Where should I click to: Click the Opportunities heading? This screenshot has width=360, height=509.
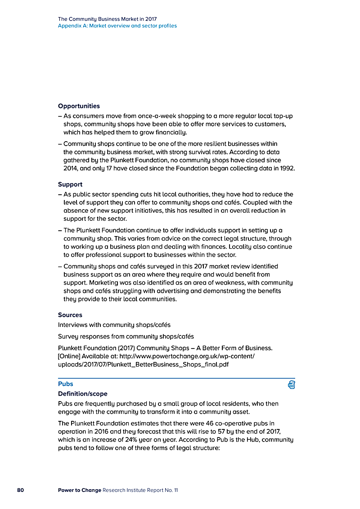click(79, 106)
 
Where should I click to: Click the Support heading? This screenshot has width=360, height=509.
click(70, 184)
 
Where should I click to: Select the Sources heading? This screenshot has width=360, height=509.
click(70, 315)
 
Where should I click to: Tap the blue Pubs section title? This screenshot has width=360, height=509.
click(66, 384)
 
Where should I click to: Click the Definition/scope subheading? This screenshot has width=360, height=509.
click(83, 394)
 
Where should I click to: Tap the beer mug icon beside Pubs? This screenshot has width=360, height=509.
click(291, 384)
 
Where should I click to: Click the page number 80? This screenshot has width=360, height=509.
click(21, 490)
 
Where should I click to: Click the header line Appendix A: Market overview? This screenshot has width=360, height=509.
click(117, 26)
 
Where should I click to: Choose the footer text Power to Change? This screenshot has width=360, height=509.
click(79, 490)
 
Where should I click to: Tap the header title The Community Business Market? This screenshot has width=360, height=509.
click(107, 19)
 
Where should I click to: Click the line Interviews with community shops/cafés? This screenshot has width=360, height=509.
click(114, 325)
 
